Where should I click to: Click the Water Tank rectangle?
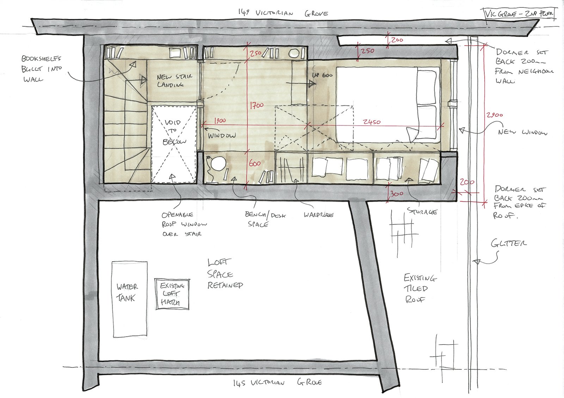click(129, 299)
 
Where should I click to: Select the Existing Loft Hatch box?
click(172, 294)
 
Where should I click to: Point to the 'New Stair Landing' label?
click(174, 80)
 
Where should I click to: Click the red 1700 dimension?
click(257, 105)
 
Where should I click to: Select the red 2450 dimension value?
click(372, 122)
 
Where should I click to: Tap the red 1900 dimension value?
click(219, 121)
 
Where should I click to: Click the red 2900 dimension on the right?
click(494, 115)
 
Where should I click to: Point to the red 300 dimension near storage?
click(397, 194)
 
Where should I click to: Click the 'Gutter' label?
click(509, 243)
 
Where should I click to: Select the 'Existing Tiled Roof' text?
click(419, 288)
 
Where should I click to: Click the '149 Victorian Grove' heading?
click(283, 13)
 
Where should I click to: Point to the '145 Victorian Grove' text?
click(277, 382)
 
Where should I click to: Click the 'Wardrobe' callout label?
click(318, 214)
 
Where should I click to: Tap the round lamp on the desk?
click(218, 164)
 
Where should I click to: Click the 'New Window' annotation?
click(522, 132)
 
